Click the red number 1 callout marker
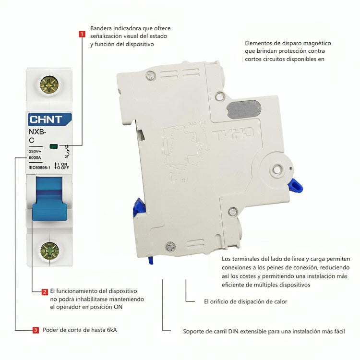click(82, 34)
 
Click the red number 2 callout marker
click(44, 291)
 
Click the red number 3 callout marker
click(36, 330)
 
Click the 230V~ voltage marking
click(35, 151)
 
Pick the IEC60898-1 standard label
click(39, 167)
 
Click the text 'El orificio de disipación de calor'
click(245, 302)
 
